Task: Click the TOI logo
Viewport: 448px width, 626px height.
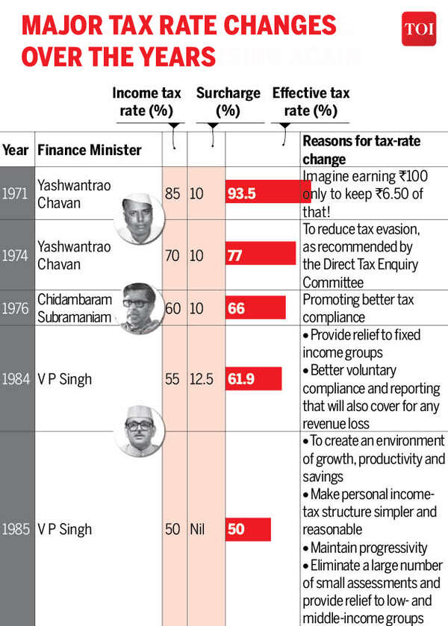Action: (x=418, y=29)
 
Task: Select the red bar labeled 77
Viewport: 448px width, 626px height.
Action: (x=261, y=254)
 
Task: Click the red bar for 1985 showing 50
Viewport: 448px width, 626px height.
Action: (x=248, y=529)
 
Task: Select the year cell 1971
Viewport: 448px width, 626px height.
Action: (x=15, y=193)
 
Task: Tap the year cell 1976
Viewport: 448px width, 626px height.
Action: (x=15, y=308)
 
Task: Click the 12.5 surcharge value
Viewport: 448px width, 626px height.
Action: (x=201, y=379)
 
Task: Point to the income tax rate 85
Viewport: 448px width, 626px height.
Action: (x=172, y=193)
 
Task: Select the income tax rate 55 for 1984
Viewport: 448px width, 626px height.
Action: (x=172, y=379)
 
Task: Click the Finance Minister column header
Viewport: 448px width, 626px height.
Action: (x=89, y=150)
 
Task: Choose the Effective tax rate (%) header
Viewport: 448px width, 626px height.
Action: (x=310, y=101)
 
